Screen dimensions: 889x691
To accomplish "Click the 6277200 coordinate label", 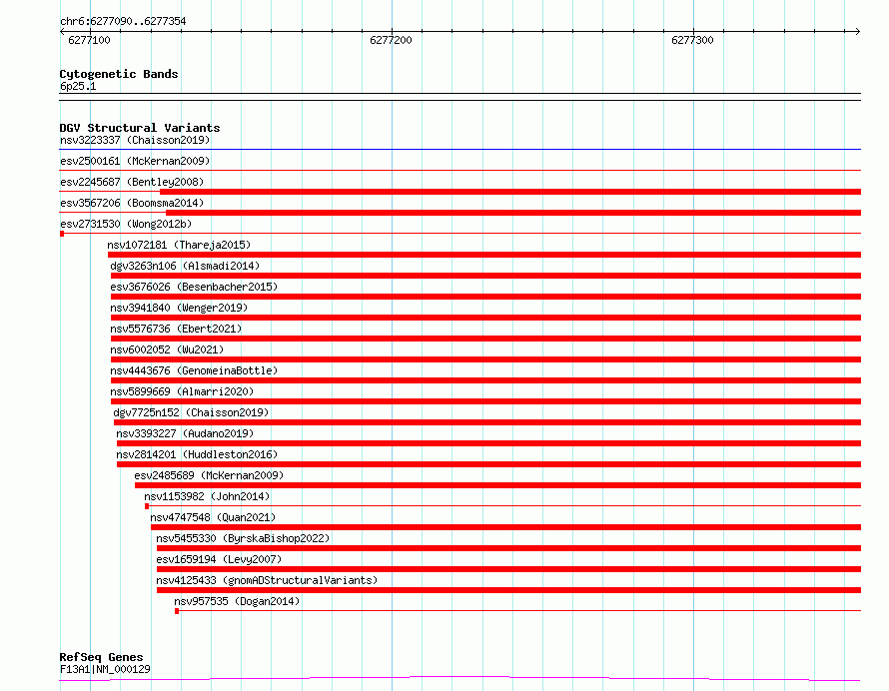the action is pos(391,40).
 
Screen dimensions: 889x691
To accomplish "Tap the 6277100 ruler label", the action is pos(89,40).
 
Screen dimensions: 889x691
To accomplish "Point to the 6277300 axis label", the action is pos(692,40).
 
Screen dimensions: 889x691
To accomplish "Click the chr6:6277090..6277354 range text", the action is pos(123,21).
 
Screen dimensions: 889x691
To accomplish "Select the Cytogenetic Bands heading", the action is pos(119,74).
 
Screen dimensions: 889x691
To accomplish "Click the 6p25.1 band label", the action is pos(78,86).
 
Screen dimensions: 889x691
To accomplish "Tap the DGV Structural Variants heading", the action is pos(140,128).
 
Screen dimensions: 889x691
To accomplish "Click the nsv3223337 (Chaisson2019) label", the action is pos(135,140).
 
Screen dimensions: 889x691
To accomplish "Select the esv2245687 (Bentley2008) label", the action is pos(132,182).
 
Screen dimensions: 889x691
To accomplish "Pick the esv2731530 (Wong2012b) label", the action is pos(126,224).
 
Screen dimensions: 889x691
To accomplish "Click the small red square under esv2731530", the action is pos(62,234).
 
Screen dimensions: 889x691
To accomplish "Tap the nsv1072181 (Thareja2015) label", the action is pos(179,245).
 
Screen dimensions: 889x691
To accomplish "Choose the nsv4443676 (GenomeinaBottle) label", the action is pos(194,370).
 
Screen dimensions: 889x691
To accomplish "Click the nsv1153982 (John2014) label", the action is pos(207,496).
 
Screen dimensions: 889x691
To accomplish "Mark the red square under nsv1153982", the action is pos(147,506).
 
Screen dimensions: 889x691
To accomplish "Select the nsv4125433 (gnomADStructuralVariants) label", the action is pos(267,580).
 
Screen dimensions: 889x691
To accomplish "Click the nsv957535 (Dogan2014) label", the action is pos(237,601).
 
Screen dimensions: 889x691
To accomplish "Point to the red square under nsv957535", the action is pos(177,611).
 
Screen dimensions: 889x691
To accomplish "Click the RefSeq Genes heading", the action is pos(101,657).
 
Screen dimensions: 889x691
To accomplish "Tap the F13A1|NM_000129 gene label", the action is pos(105,669).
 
